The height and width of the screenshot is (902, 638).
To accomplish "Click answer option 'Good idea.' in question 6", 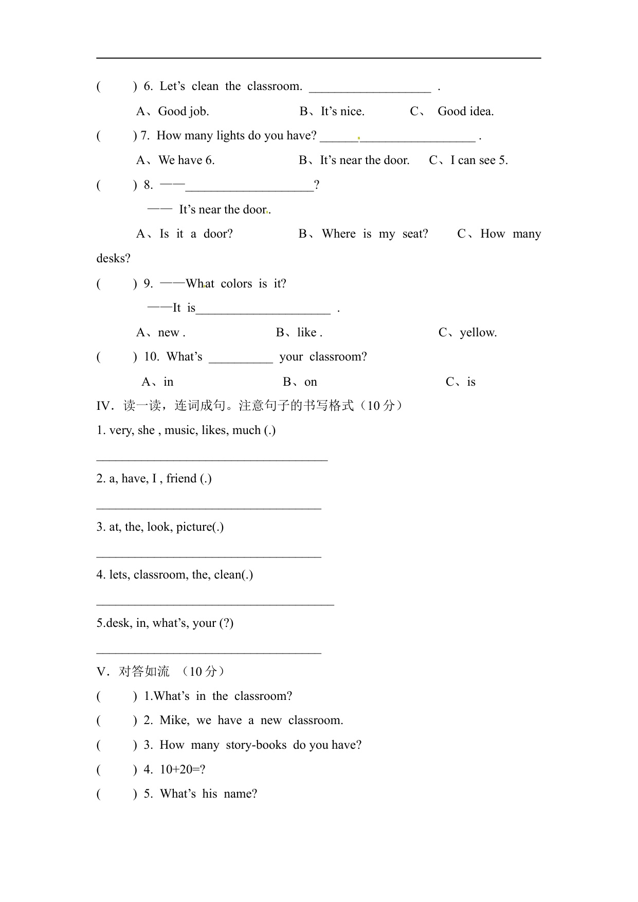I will point(465,112).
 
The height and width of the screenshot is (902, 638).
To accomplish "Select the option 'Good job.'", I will point(183,112).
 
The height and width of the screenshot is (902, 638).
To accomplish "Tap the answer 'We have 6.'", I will point(186,160).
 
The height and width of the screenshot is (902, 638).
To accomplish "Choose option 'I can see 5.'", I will point(479,160).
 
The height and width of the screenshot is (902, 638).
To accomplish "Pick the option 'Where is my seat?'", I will point(375,234).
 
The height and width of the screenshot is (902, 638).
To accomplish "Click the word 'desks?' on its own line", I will point(113,259).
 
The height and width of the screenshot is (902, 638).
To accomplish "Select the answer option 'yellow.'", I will point(478,333).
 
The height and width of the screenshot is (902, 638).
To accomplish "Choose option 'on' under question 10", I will point(311,382).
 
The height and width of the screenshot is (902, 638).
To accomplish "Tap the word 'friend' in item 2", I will point(181,479).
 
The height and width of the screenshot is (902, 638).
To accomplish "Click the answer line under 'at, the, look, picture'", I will point(209,555).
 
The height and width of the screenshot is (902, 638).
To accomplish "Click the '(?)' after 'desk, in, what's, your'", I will point(226,623).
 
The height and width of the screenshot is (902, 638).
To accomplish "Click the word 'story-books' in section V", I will point(256,745).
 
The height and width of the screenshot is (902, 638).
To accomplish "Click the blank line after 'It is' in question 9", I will point(263,311).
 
